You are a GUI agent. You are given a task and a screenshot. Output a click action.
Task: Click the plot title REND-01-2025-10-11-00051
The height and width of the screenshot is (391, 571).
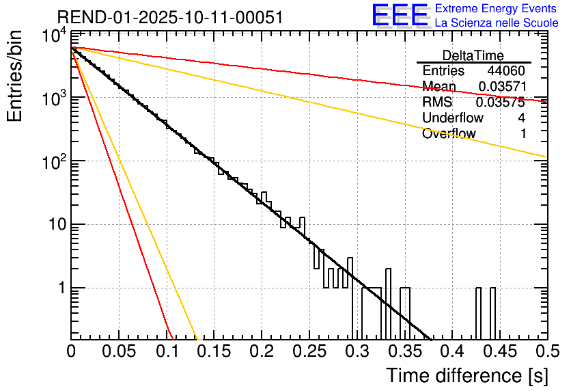point(169,18)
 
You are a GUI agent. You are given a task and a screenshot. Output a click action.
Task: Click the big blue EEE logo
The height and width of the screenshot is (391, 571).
point(399,16)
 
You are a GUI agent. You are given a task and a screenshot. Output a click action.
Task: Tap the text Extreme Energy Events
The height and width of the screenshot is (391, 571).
point(496,9)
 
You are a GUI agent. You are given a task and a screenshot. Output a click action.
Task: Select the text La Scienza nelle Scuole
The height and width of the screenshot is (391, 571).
point(497,23)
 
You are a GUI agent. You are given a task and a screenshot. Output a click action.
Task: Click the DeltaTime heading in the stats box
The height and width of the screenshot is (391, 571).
point(473,55)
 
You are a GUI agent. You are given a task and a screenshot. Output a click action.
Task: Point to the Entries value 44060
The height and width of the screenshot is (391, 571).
point(506,71)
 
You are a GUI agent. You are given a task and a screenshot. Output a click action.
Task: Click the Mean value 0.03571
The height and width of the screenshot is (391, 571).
point(501,87)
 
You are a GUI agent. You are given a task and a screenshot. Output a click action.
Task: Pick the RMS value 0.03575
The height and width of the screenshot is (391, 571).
point(501,103)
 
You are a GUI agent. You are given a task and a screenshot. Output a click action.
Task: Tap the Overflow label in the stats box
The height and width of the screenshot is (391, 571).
point(449,134)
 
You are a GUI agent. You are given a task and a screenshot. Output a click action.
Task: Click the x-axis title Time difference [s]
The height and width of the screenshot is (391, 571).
point(466,375)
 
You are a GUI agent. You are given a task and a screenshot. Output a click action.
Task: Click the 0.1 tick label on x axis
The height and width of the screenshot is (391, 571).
point(166,351)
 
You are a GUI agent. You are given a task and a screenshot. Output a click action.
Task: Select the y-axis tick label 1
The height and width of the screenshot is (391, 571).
point(60,288)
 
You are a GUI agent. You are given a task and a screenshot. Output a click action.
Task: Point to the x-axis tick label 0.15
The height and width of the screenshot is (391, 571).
point(213,351)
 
